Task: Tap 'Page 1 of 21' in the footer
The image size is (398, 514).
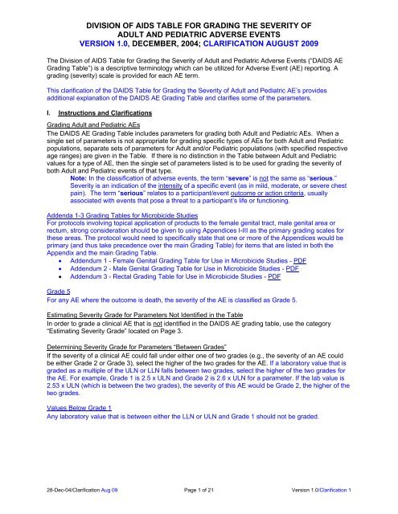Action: (x=199, y=500)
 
